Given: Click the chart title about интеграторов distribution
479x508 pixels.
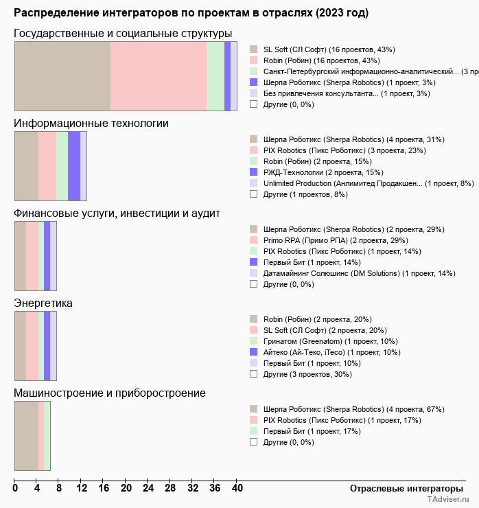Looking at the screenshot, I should [x=191, y=13].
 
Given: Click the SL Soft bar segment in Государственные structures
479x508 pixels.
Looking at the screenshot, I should [x=62, y=76].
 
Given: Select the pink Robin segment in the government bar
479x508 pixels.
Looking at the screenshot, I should [x=159, y=76].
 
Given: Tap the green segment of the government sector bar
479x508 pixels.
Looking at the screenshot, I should [x=215, y=76].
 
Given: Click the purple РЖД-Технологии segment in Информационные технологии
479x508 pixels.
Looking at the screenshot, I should [x=74, y=165].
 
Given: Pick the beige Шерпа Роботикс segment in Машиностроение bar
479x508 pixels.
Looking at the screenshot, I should [x=26, y=435].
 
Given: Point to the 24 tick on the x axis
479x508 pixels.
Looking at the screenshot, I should [x=148, y=489].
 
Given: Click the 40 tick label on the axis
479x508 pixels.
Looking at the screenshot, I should [x=237, y=489].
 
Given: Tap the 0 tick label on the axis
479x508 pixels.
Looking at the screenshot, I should [x=15, y=489].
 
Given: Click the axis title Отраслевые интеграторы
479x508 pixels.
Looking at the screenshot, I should [x=402, y=489].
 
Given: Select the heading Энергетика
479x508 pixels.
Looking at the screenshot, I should [x=43, y=303].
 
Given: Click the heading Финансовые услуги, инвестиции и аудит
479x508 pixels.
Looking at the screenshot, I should [x=117, y=213].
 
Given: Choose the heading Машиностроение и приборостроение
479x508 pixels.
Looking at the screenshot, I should [x=110, y=393].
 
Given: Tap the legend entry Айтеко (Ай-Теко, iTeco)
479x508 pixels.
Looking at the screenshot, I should [x=331, y=352].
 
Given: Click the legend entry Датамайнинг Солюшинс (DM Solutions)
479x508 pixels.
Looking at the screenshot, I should [x=359, y=273].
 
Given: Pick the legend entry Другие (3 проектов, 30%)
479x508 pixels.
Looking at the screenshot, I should [x=307, y=374].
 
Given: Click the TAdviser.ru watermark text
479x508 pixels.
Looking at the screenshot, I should [x=447, y=500].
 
